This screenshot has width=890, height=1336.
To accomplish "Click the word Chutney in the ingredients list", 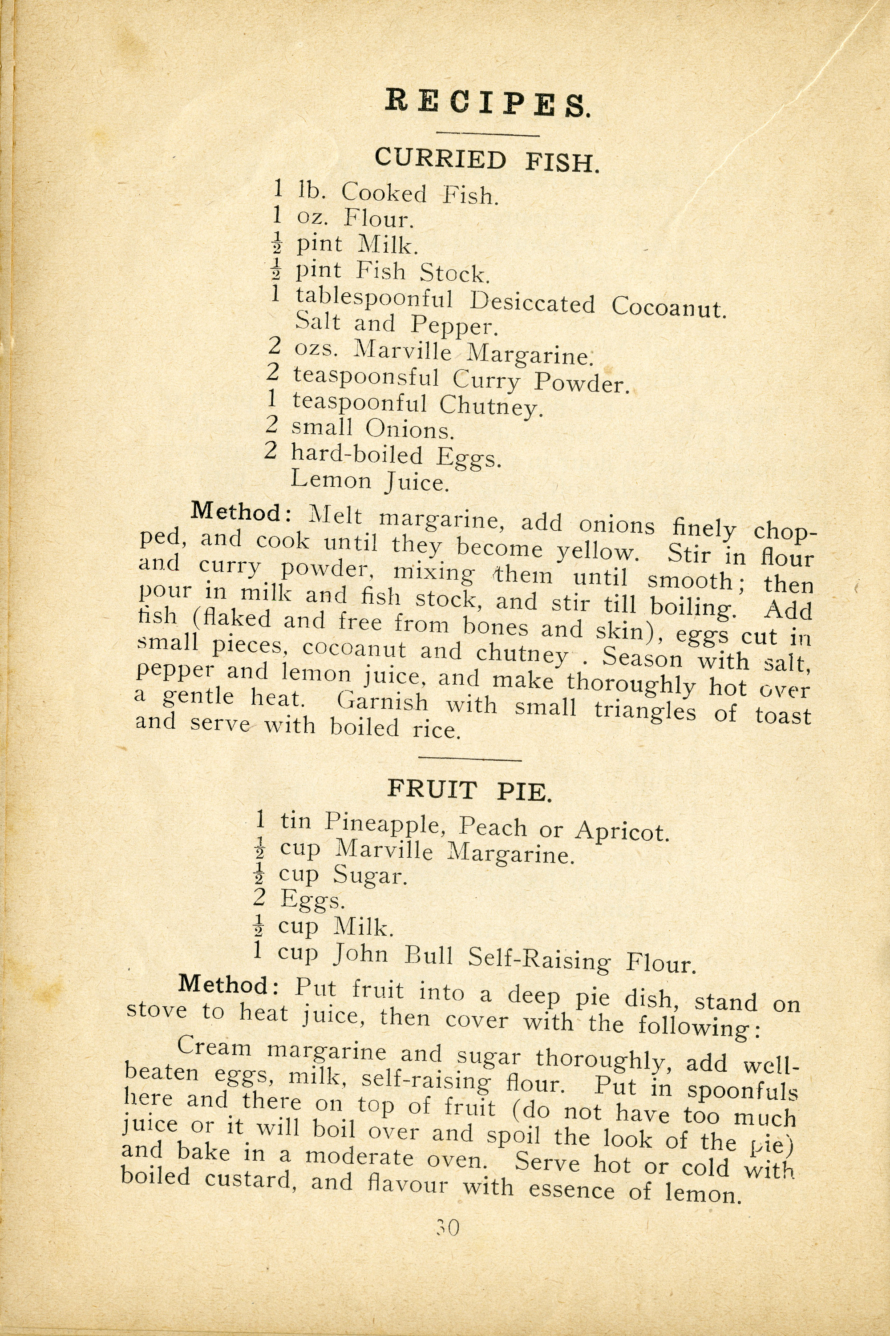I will point(488,405).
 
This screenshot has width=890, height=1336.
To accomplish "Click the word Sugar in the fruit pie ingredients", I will point(370,876).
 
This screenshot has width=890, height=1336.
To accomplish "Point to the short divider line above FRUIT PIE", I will point(469,758).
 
